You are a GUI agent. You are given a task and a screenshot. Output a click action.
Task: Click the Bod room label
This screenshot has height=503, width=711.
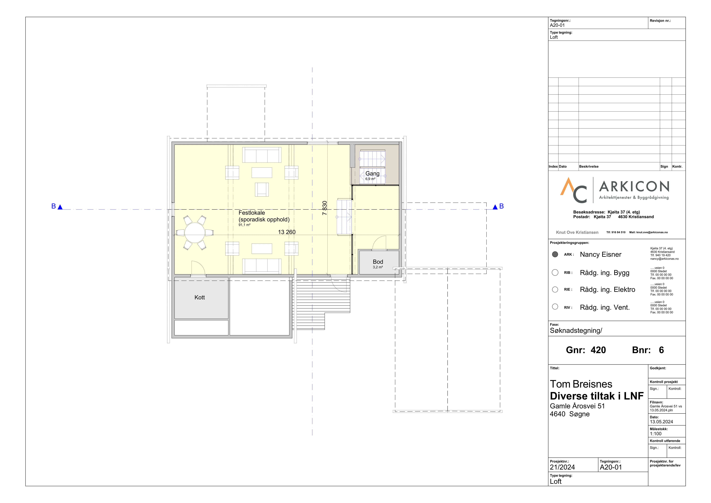[x=378, y=262]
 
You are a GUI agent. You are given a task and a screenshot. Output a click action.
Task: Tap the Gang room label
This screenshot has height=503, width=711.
[x=372, y=173]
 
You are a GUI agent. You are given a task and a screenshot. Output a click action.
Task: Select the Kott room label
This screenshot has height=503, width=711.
[x=199, y=297]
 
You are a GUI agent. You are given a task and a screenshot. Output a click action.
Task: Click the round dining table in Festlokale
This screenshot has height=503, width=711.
[x=195, y=233]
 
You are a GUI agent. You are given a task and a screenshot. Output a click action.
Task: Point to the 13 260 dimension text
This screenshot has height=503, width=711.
[x=287, y=232]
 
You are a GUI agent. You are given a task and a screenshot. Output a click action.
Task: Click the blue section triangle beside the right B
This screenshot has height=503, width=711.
[x=495, y=207]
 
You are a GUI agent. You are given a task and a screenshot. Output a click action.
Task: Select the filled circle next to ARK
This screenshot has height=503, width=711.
[x=555, y=254]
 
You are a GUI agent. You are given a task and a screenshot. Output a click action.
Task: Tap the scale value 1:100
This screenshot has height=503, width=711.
[x=656, y=434]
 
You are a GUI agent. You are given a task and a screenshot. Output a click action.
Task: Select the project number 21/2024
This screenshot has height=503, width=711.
[x=562, y=467]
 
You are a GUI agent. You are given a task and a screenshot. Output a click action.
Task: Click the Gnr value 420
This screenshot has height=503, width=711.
[x=598, y=350]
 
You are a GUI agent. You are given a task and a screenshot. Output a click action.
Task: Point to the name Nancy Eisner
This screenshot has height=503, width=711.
[x=600, y=254]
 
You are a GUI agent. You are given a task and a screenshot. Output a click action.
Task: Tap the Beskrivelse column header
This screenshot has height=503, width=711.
[x=589, y=167]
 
